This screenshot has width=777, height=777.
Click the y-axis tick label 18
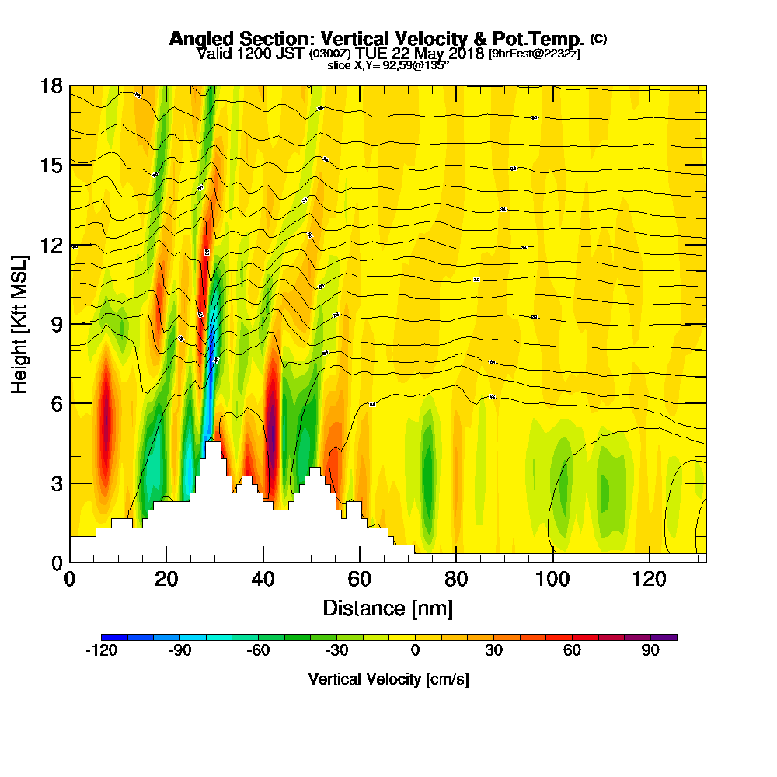pyautogui.click(x=51, y=85)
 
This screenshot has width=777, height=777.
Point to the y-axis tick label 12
pyautogui.click(x=51, y=245)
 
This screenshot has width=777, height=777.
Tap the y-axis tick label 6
pyautogui.click(x=55, y=403)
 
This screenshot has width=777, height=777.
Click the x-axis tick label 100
pyautogui.click(x=552, y=580)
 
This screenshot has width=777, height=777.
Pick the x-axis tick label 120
pyautogui.click(x=649, y=580)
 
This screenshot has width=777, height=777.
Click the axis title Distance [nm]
pyautogui.click(x=388, y=608)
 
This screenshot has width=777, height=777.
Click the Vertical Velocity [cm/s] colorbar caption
pyautogui.click(x=388, y=679)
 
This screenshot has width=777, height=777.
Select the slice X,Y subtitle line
pyautogui.click(x=388, y=65)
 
